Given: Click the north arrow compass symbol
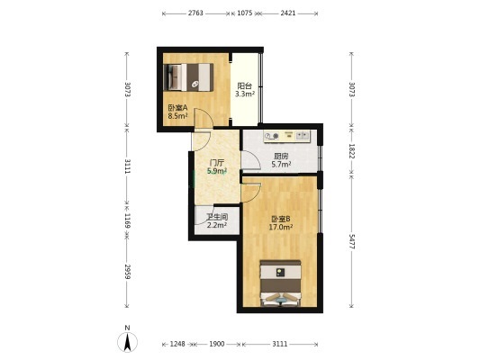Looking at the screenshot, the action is tap(127, 342).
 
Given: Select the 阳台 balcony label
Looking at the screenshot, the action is tap(245, 85).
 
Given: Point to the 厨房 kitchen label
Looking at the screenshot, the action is tap(281, 156).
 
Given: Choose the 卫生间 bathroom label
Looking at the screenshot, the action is tap(217, 217).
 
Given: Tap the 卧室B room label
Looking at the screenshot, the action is tap(281, 219).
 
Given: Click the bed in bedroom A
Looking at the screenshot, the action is tap(188, 77).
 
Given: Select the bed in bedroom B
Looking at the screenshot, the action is tap(280, 283).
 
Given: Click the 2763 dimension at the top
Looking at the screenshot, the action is tap(195, 13).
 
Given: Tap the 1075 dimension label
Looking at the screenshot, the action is tap(245, 13).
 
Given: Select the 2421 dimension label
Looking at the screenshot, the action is tap(288, 13).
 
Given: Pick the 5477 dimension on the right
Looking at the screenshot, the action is tap(351, 242).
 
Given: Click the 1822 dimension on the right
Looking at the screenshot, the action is tap(351, 151).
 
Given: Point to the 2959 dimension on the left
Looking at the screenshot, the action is tap(127, 272).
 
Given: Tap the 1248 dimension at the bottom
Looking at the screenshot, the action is tap(177, 344).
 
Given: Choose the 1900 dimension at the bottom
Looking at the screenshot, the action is tap(217, 344).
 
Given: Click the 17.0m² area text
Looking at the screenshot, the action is tap(281, 228).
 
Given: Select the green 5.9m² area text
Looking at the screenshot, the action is tap(217, 171).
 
